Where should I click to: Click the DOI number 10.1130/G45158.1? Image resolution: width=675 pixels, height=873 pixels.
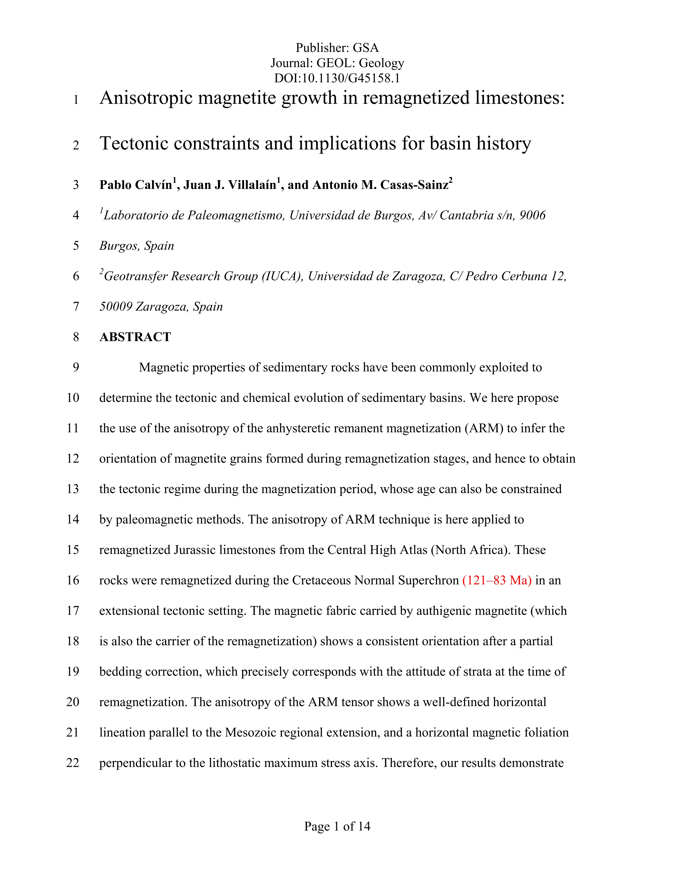coord(351,78)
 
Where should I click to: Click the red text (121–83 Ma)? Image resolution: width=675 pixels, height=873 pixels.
coord(497,580)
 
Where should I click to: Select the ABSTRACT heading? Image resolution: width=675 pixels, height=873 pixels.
coord(135,337)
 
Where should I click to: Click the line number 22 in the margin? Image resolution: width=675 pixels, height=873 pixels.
coord(73,763)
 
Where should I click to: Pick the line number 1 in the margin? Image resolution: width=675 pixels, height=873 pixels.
coord(76,99)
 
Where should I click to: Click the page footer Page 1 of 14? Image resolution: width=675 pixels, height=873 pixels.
coord(337,826)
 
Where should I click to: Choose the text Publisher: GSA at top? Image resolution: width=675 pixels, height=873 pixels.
coord(337,48)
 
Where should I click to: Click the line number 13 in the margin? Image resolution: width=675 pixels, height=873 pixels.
coord(73,489)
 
